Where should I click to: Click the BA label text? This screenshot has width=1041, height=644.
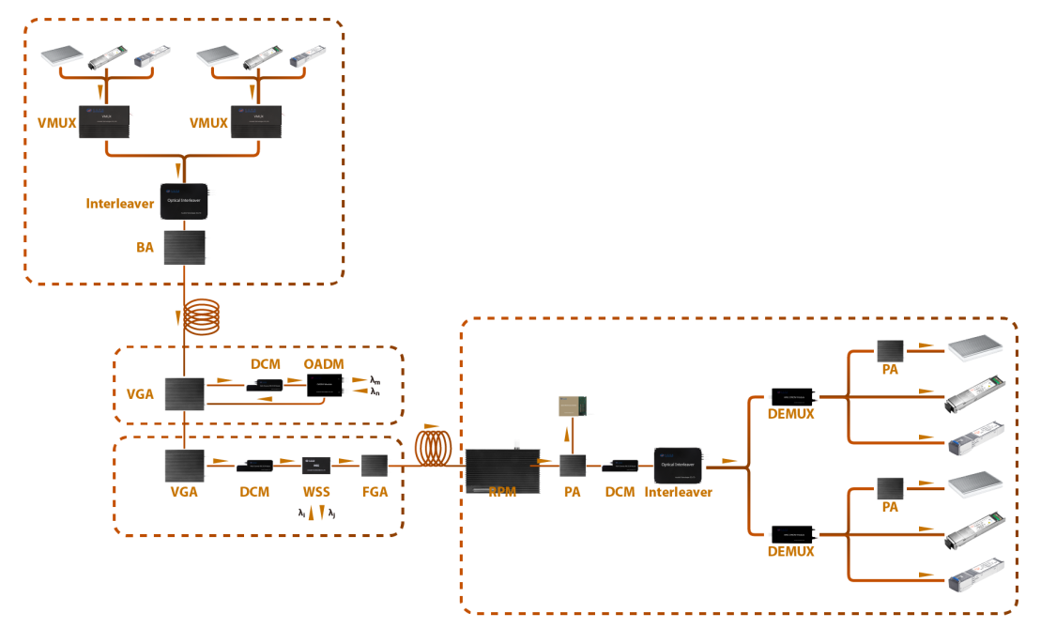point(145,248)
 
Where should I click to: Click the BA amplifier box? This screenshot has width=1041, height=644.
point(184,248)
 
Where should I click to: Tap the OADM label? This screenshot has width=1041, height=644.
point(324,364)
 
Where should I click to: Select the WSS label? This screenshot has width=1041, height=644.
point(316,492)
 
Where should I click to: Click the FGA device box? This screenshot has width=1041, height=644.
point(375,466)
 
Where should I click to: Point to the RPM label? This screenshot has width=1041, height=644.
point(502,492)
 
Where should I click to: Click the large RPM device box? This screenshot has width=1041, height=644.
point(503,472)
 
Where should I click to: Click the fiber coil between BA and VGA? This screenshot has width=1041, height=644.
point(202,316)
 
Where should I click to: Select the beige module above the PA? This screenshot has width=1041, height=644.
point(572,406)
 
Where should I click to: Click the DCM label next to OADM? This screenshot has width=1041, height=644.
point(267,364)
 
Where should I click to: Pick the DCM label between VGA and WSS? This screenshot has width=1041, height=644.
point(254,492)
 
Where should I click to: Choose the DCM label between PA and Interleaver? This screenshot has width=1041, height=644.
point(620,492)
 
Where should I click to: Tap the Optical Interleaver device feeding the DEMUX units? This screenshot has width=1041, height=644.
point(678,466)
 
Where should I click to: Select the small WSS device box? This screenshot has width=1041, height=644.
point(315,465)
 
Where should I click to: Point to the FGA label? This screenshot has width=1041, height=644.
point(375,492)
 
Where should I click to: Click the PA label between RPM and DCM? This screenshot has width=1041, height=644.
point(573,492)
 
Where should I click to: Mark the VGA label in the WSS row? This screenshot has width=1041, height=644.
point(183,492)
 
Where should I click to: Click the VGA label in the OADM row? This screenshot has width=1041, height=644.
point(140,394)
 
